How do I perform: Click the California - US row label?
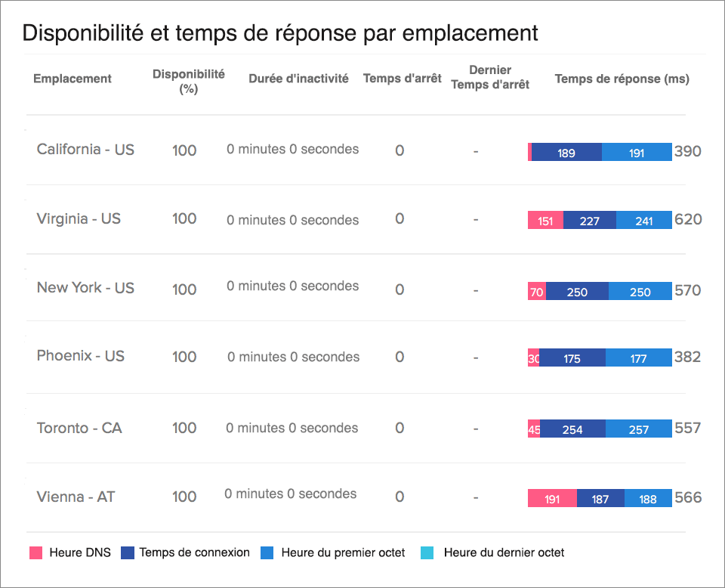pos(85,150)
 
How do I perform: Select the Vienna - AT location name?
pos(76,497)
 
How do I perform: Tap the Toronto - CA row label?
pos(79,428)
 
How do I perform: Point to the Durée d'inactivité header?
pos(298,79)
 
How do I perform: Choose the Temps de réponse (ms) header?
pos(622,79)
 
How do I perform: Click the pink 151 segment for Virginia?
pos(545,221)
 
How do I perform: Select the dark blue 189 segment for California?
pos(566,153)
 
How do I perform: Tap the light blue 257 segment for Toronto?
pos(638,429)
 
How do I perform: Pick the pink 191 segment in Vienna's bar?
pos(552,499)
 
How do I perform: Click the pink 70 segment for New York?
pos(537,292)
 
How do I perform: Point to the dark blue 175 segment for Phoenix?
pos(572,358)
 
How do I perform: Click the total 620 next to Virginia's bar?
pos(688,220)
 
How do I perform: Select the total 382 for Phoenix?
pos(687,357)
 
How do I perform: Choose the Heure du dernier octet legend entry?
pos(504,552)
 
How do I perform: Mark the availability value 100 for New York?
pos(184,289)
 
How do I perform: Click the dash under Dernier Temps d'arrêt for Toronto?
pos(476,429)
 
